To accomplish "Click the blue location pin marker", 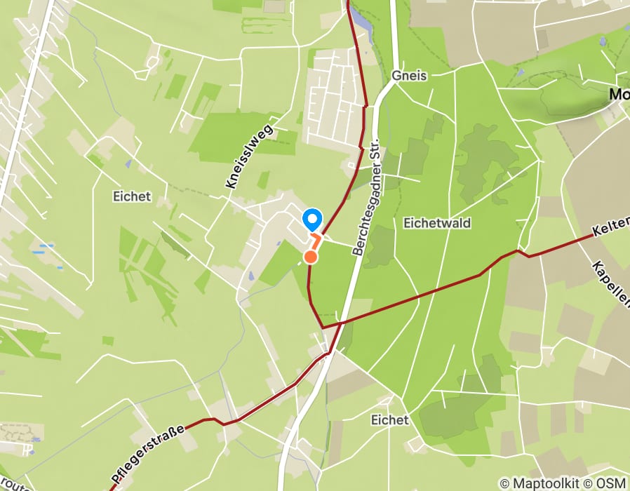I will point(312,219).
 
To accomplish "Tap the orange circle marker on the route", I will point(311,257).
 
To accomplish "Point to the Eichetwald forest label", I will point(437,223).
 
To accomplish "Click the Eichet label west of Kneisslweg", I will point(131,196).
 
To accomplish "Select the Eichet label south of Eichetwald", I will point(389,419).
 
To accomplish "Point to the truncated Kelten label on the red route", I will point(610,228).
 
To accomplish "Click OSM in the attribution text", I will point(612,483).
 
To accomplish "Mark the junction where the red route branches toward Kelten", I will point(323,328).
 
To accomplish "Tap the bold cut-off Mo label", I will point(619,95).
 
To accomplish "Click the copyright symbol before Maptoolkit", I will point(504,483).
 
